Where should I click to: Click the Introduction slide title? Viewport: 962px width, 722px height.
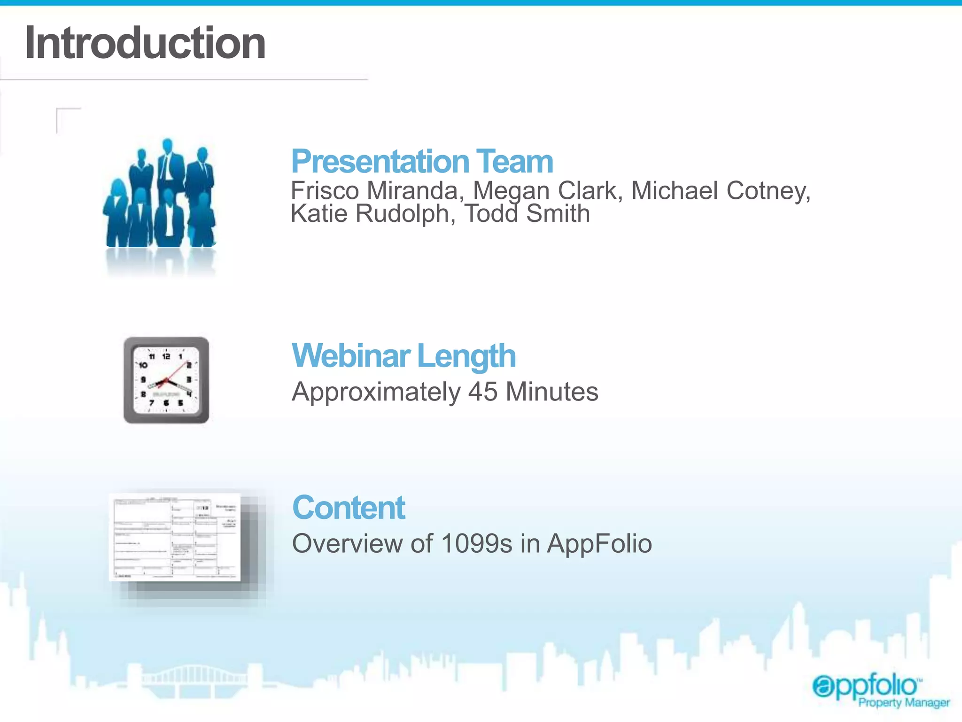pos(145,43)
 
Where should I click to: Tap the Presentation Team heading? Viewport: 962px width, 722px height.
pos(422,161)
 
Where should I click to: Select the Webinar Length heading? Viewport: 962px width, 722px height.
pos(403,356)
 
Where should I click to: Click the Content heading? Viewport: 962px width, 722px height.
pos(349,508)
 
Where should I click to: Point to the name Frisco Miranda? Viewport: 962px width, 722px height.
pos(374,191)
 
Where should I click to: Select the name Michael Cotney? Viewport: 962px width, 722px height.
pos(721,191)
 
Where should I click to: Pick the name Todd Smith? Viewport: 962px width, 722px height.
pos(527,214)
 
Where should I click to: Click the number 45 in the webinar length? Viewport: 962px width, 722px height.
pos(483,392)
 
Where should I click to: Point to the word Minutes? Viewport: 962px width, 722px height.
pos(552,392)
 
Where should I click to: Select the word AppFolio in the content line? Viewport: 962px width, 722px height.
pos(599,543)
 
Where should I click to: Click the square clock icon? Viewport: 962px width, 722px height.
pos(166,380)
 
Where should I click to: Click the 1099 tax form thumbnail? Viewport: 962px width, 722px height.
pos(175,537)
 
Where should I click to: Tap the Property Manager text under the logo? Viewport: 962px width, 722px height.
pos(904,703)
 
